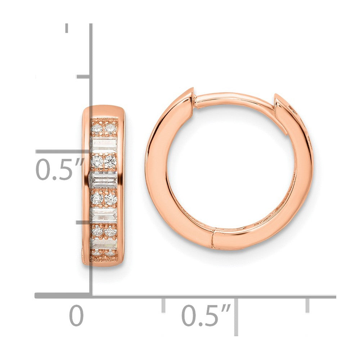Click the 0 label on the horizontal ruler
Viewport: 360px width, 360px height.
click(x=76, y=316)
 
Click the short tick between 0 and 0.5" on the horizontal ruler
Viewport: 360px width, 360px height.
click(x=163, y=305)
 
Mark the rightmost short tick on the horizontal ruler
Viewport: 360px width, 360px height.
click(x=307, y=305)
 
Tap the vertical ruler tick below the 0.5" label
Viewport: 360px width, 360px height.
click(x=84, y=222)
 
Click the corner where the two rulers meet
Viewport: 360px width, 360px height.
click(x=90, y=296)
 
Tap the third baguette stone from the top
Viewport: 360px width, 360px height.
click(x=104, y=214)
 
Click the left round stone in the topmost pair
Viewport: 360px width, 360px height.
click(x=96, y=129)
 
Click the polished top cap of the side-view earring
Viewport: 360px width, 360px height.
click(x=103, y=111)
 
